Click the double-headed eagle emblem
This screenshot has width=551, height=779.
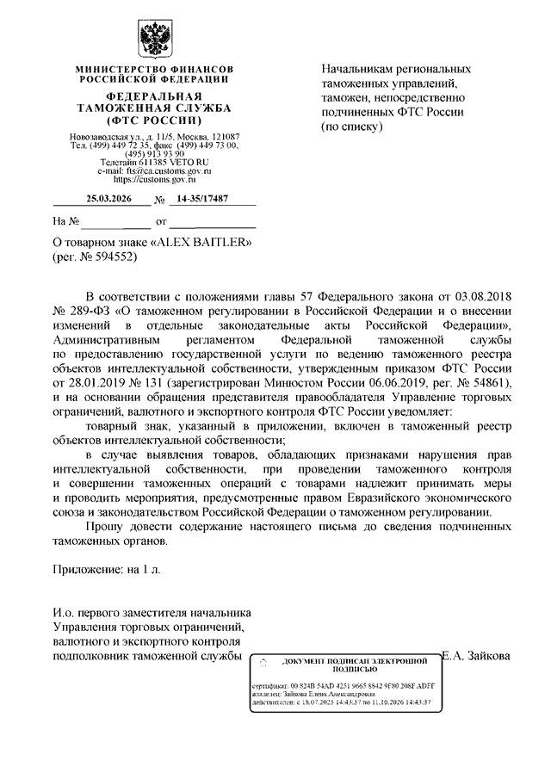tap(153, 38)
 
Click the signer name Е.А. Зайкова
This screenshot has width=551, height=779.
tap(476, 656)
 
